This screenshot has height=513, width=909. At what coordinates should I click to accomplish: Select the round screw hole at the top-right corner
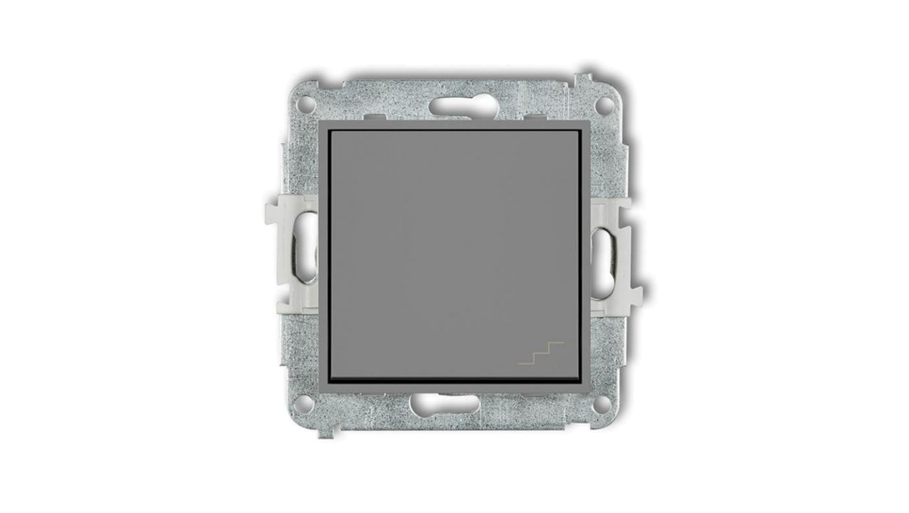tap(605, 104)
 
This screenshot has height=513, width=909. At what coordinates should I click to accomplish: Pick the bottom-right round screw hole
tap(605, 402)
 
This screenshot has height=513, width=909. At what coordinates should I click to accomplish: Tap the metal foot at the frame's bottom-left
tap(326, 430)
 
